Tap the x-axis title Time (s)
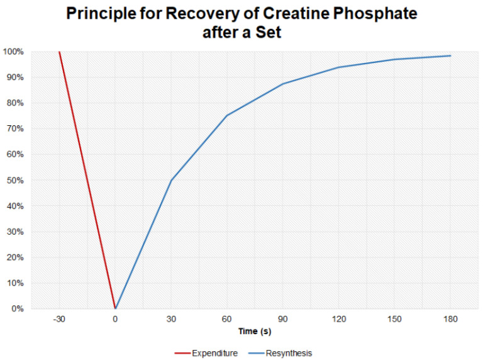(x=255, y=331)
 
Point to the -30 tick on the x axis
(x=59, y=318)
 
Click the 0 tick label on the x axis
(x=115, y=318)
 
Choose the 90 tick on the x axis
(x=283, y=318)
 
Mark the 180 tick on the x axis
(x=450, y=318)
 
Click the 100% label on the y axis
(x=14, y=52)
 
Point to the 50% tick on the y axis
(x=16, y=181)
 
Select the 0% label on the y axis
(x=18, y=309)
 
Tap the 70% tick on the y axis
(x=16, y=129)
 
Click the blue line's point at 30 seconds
(x=171, y=181)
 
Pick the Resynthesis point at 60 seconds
(x=227, y=115)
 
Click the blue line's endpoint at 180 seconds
(x=450, y=56)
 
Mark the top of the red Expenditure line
(x=59, y=52)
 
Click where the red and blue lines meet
(x=115, y=308)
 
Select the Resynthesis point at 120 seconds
(x=339, y=67)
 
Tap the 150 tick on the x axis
(x=394, y=318)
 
